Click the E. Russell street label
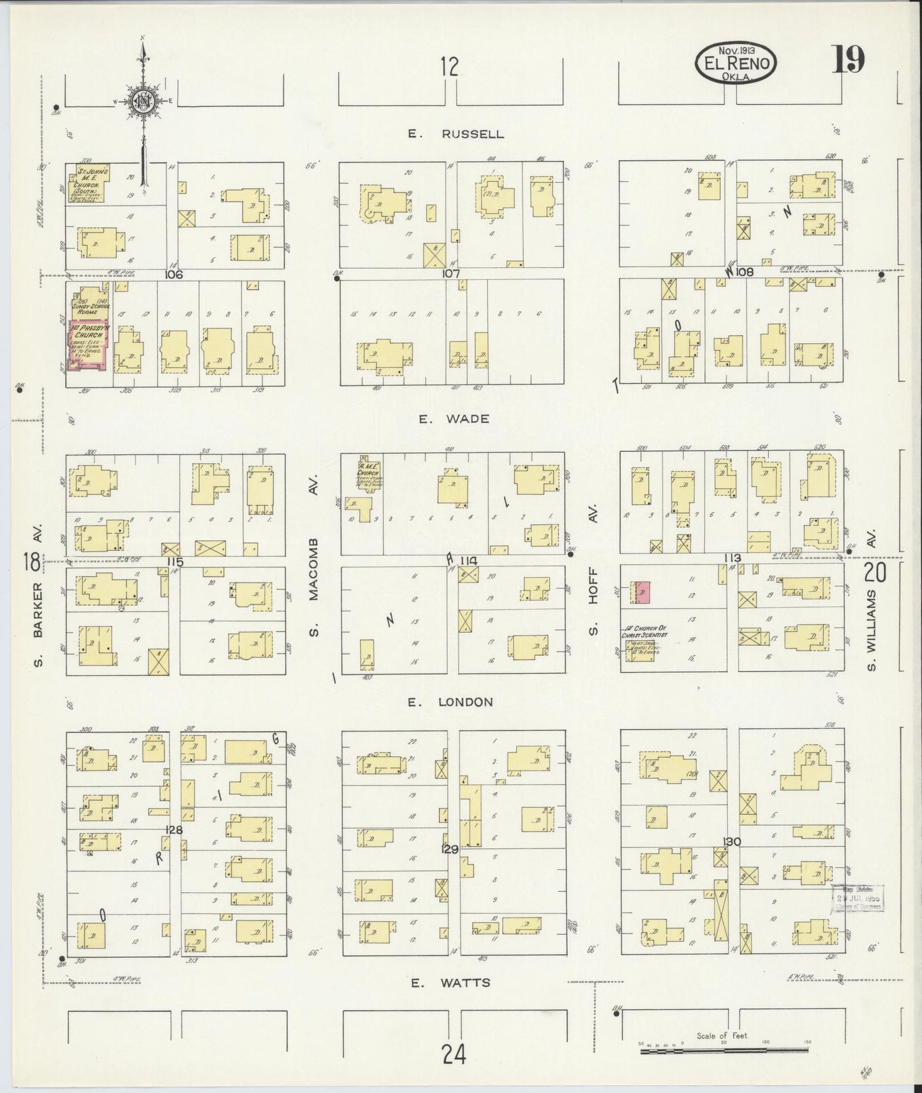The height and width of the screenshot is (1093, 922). tap(456, 134)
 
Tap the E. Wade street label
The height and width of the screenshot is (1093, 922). tap(454, 419)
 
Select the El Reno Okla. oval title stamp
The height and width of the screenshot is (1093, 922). tap(736, 62)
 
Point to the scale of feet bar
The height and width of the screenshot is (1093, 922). tap(724, 1050)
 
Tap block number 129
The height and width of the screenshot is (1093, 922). tap(450, 849)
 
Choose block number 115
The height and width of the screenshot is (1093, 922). tap(175, 562)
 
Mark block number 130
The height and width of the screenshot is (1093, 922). tap(731, 842)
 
